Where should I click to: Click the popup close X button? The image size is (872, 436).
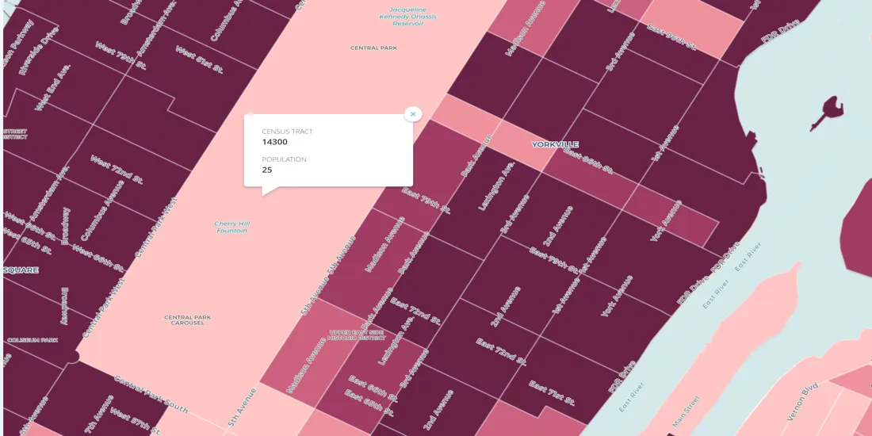[x=412, y=114]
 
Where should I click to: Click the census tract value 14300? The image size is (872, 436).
[x=275, y=142]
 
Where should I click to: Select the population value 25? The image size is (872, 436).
[x=267, y=170]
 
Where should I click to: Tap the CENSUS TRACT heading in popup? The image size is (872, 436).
[x=287, y=132]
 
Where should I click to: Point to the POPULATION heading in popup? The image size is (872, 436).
[x=284, y=159]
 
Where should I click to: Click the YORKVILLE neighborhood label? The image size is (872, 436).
[x=555, y=144]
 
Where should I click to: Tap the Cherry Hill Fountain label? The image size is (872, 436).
[x=231, y=227]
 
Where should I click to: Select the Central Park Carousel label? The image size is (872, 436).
[x=188, y=320]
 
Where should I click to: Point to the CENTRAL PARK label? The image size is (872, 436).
[x=373, y=48]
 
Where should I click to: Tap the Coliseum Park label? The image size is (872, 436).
[x=33, y=340]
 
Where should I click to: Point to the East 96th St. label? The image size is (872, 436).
[x=671, y=37]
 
